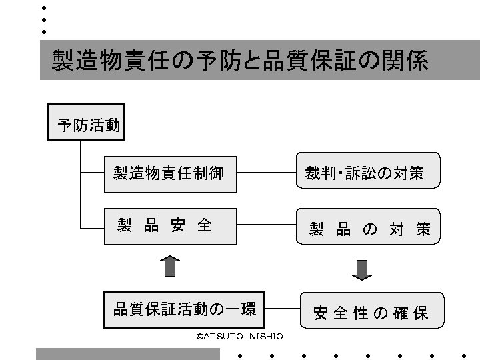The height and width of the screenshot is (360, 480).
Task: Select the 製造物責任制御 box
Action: (x=169, y=173)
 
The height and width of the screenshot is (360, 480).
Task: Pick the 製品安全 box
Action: (x=169, y=225)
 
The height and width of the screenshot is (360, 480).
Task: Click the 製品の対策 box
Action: (x=369, y=229)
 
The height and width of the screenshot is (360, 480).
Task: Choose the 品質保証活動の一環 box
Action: (x=185, y=310)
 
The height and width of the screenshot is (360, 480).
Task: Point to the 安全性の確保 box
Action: (x=371, y=311)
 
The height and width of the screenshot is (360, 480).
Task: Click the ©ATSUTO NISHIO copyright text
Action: (x=240, y=336)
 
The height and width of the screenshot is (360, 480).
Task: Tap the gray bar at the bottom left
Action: (x=127, y=353)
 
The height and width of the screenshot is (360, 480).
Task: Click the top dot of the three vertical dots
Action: (x=43, y=7)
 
